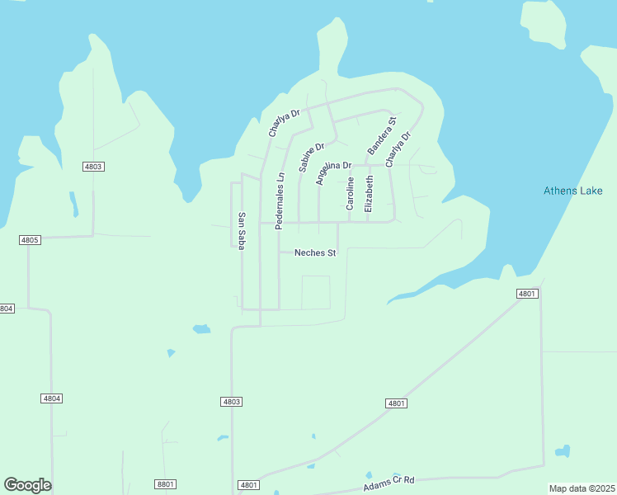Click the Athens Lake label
pyautogui.click(x=572, y=191)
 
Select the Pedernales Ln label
pyautogui.click(x=280, y=200)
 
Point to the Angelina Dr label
pyautogui.click(x=333, y=173)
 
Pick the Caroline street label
pyautogui.click(x=350, y=193)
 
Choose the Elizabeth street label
pyautogui.click(x=369, y=193)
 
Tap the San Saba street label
pyautogui.click(x=242, y=231)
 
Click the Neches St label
pyautogui.click(x=315, y=253)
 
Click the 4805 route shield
pyautogui.click(x=30, y=240)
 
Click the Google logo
pyautogui.click(x=27, y=485)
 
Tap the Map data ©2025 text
pyautogui.click(x=582, y=488)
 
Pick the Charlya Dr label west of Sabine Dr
pyautogui.click(x=281, y=122)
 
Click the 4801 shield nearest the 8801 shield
pyautogui.click(x=248, y=485)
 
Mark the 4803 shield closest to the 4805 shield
pyautogui.click(x=93, y=167)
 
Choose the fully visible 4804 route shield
pyautogui.click(x=51, y=398)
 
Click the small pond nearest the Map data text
pyautogui.click(x=563, y=452)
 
